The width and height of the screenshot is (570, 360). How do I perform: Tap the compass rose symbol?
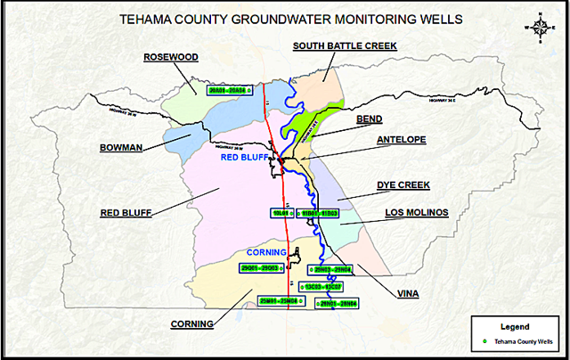coord(540,26)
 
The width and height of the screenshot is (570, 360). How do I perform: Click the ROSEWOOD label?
coord(170,58)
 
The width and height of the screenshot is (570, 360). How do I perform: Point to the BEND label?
coord(369,118)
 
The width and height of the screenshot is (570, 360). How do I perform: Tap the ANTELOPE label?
coord(402,140)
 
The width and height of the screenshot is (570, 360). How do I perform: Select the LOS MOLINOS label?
coord(416,213)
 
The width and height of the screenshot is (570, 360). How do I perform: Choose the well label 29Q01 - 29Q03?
coord(260,267)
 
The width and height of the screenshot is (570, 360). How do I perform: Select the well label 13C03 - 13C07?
coord(322,286)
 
